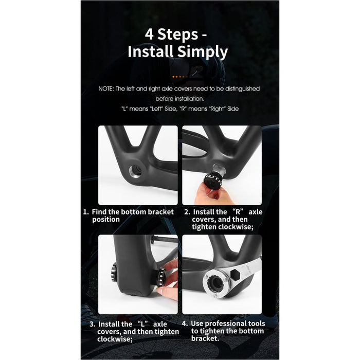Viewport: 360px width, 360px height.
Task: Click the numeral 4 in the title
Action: tap(149, 34)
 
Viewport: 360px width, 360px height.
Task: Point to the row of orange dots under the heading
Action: tap(180, 77)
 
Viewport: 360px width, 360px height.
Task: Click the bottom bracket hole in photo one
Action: tap(135, 171)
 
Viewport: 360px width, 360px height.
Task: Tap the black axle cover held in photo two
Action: tap(210, 179)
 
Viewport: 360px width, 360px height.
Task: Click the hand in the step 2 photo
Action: tap(210, 194)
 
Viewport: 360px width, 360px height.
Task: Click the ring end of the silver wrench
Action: tap(214, 283)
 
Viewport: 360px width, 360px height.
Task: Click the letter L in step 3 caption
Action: tap(142, 324)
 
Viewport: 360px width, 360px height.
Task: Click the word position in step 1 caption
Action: tap(106, 220)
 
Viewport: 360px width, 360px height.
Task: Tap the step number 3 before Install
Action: tap(92, 324)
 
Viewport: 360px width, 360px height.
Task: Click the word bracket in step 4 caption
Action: tap(205, 338)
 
